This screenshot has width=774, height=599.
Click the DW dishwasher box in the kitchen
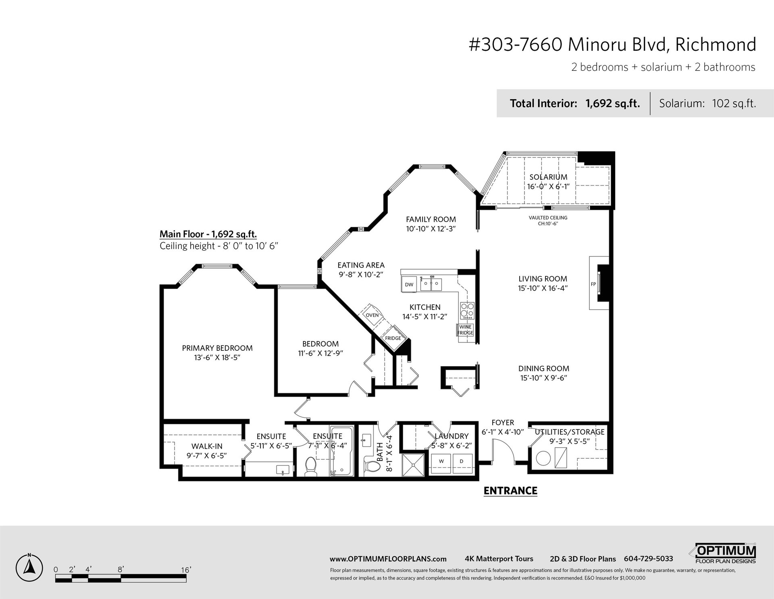click(409, 284)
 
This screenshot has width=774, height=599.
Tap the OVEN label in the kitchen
click(372, 315)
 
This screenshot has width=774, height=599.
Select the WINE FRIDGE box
click(465, 330)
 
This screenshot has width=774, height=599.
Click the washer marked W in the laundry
click(441, 461)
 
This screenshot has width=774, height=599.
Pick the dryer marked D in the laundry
click(462, 461)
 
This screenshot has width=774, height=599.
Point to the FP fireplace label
click(593, 284)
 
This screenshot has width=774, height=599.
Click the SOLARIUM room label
click(548, 177)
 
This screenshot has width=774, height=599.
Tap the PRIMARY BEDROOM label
click(217, 348)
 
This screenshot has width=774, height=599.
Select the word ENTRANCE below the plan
click(510, 491)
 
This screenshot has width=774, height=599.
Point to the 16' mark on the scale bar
click(185, 570)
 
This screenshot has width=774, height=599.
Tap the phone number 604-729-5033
click(649, 559)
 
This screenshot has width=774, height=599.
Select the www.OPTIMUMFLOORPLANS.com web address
click(388, 559)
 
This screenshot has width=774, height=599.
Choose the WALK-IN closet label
click(207, 446)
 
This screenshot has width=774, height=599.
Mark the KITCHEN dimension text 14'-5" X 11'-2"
click(425, 317)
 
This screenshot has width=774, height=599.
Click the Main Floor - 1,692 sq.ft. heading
click(208, 234)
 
